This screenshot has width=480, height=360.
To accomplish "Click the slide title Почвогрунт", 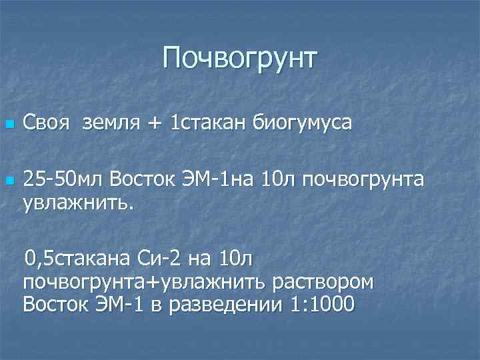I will point(240,59).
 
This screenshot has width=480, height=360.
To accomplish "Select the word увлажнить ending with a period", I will point(79,201).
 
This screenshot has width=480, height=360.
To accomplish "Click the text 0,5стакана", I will point(79,257).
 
